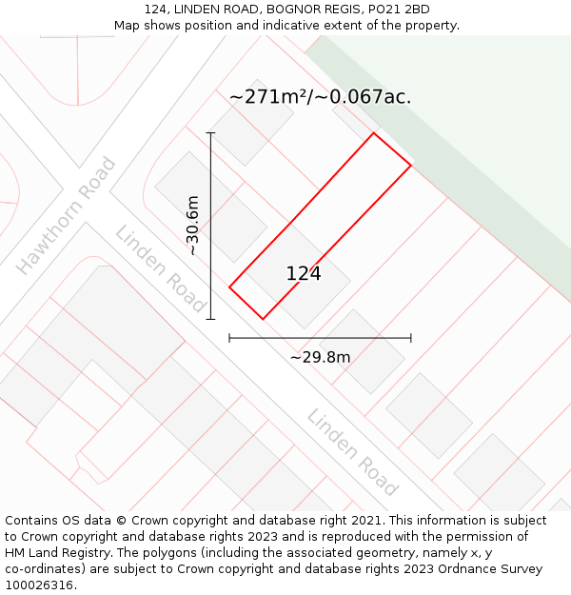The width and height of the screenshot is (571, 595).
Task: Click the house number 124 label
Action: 304,274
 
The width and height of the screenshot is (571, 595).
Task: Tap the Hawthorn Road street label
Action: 66,216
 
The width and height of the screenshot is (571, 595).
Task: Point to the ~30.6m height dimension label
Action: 192,226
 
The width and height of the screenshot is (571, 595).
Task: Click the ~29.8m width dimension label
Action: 320,357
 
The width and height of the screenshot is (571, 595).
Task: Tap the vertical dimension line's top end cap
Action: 210,132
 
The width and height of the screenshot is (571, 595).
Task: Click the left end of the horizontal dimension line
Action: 229,337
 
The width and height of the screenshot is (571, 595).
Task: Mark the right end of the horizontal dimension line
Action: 411,337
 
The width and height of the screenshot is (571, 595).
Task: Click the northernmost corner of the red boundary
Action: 373,132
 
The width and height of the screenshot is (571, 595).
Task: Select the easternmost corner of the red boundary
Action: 411,166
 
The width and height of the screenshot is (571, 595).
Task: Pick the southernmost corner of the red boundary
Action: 263,319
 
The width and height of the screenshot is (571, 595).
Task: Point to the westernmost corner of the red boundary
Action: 229,287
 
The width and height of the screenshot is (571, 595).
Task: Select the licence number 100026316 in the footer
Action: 37,585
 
